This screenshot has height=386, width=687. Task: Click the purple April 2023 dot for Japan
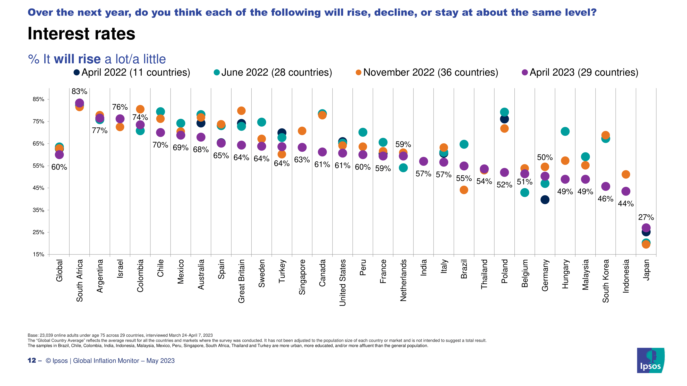646,228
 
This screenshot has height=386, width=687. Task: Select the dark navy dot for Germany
545,199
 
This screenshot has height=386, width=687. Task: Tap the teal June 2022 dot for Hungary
565,131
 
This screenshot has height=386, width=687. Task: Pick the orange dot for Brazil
464,190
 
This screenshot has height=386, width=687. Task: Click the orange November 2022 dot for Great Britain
241,111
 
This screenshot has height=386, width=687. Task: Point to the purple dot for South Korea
606,186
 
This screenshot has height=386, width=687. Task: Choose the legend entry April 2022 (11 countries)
132,73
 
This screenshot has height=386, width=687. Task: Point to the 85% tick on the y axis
38,99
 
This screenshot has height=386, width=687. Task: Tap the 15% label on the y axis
38,255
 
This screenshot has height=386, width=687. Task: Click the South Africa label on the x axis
80,280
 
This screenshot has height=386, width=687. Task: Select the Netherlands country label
403,280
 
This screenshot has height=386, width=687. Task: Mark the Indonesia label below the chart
626,276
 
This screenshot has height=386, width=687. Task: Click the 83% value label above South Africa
80,91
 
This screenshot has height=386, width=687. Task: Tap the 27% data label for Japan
646,217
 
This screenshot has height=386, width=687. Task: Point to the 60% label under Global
59,167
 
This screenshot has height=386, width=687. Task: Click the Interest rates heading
82,34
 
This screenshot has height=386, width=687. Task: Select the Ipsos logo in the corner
650,360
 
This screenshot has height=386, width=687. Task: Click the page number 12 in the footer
32,361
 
